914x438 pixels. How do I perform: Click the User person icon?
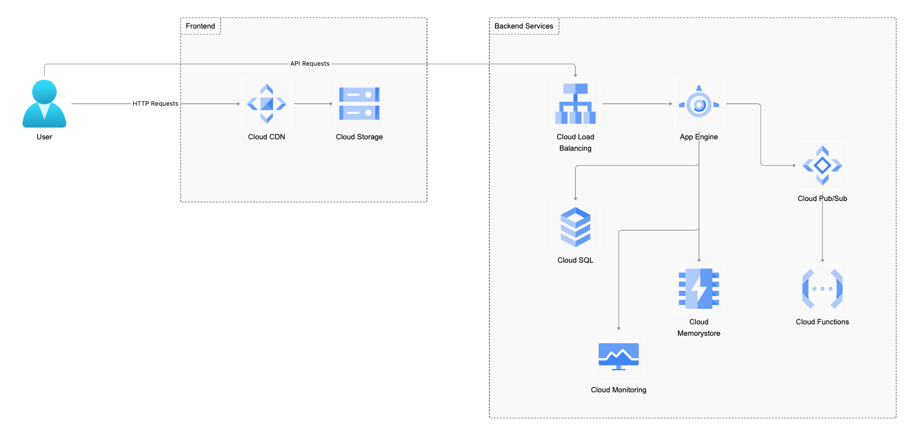coord(44,104)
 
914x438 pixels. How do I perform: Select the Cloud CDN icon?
coord(266,104)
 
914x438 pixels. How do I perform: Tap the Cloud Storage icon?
coord(359,104)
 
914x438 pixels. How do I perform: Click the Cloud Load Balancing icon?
coord(575,104)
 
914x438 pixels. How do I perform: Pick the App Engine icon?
coord(699,104)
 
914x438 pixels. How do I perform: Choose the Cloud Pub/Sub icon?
coord(822,166)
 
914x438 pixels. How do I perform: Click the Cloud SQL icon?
coord(575,227)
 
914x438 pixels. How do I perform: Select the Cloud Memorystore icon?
coord(699,289)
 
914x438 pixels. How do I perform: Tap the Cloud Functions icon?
coord(822,289)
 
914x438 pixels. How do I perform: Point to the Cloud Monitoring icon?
coord(619,356)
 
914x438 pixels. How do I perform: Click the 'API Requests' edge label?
coord(310,64)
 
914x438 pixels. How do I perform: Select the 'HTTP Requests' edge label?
coord(155,104)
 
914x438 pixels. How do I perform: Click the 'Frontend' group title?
coord(201,26)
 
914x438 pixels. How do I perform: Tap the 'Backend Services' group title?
coord(524,26)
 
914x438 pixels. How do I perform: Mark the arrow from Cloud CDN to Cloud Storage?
coord(312,104)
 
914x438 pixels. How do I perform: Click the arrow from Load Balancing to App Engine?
coord(637,104)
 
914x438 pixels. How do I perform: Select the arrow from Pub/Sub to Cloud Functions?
coord(822,231)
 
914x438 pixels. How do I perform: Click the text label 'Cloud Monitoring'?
coord(619,390)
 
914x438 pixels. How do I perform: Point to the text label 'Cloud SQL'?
coord(575,260)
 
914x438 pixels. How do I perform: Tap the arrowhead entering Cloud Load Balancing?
coord(575,74)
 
